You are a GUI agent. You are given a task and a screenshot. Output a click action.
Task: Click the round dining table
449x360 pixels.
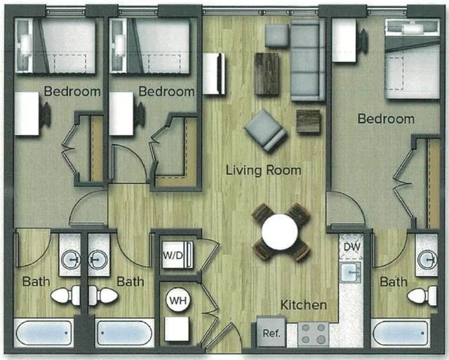(x=280, y=231)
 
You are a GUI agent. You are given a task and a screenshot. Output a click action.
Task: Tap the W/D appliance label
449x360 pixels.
(x=173, y=255)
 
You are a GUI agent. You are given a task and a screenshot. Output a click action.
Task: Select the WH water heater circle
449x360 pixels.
(x=177, y=301)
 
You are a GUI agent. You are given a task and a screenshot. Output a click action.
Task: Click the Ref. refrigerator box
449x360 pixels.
(x=270, y=333)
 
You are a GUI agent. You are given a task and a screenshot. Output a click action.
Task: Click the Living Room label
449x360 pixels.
(x=263, y=170)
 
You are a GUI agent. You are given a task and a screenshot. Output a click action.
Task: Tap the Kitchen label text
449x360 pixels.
(x=304, y=305)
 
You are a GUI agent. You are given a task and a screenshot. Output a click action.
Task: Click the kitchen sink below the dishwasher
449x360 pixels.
(x=350, y=272)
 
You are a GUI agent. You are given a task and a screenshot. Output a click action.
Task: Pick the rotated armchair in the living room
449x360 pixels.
(x=265, y=131)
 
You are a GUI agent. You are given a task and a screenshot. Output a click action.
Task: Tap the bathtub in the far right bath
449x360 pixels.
(x=400, y=333)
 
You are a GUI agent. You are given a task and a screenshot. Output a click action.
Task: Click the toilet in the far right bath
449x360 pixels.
(x=422, y=295)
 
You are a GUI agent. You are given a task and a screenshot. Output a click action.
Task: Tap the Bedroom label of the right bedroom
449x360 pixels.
(x=386, y=119)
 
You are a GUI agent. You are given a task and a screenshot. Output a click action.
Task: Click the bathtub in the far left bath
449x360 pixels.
(x=44, y=333)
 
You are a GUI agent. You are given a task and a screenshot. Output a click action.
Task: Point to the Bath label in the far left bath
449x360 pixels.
(x=36, y=282)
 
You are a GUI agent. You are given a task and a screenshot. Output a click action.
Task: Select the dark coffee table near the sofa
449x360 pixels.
(x=267, y=74)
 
